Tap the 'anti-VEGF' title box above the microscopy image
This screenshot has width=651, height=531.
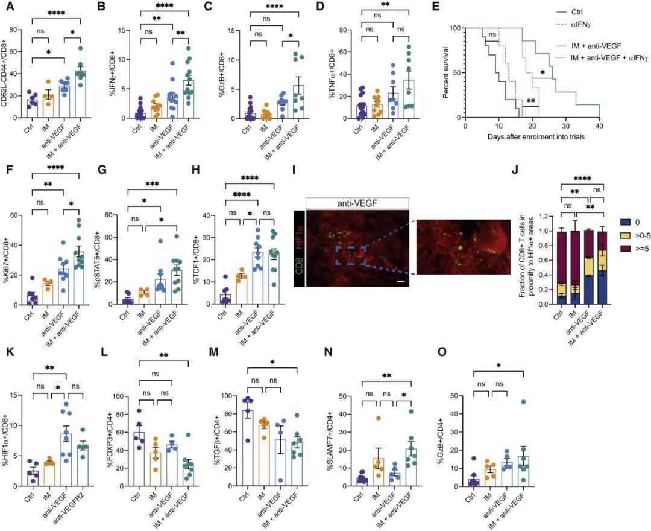pos(357,203)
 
